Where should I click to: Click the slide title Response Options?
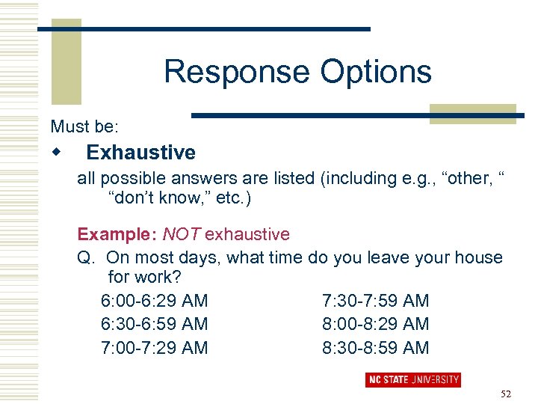point(297,72)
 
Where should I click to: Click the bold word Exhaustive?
point(140,153)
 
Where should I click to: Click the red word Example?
point(117,235)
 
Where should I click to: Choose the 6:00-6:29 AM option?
point(154,301)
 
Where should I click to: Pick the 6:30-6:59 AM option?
point(154,324)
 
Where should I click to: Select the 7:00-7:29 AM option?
point(154,347)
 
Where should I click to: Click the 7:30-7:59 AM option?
point(375,301)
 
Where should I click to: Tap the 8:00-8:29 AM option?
point(375,324)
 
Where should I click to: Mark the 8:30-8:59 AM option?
point(375,347)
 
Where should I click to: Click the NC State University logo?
point(412,379)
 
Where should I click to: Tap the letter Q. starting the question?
point(87,257)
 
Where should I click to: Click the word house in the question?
point(478,257)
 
